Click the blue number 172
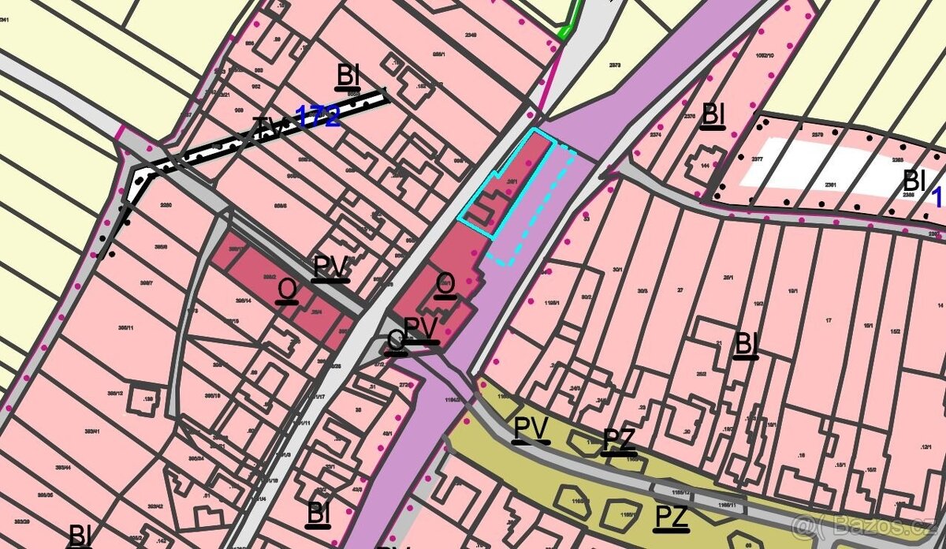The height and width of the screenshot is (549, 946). pos(318,117)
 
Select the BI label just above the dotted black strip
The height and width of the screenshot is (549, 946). pos(348,76)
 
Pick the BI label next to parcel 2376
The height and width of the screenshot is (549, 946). pos(713,114)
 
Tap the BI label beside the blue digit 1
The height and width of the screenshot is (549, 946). pos(914,179)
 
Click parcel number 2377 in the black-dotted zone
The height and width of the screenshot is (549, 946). pos(757,159)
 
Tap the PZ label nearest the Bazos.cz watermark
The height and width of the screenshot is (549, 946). pos(671,517)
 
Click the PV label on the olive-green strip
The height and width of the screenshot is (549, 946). pos(531,429)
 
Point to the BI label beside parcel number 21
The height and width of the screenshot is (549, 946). pos(746,344)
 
